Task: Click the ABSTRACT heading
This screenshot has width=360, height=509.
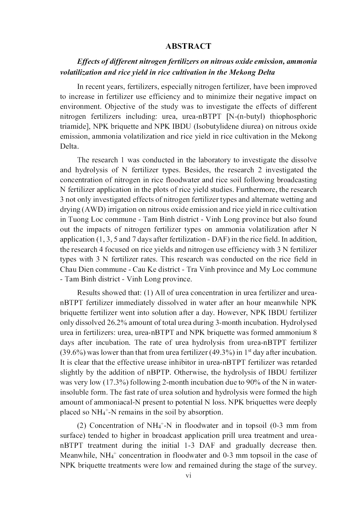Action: click(x=188, y=46)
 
